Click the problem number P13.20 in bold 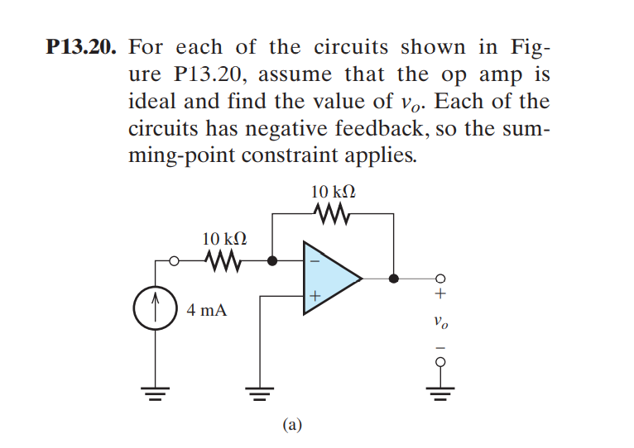[x=78, y=48]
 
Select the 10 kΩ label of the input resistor [x=223, y=239]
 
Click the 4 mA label [x=206, y=311]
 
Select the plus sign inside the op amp [x=315, y=296]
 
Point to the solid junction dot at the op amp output [x=394, y=279]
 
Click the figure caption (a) [x=291, y=424]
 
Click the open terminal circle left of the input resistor [x=174, y=261]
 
